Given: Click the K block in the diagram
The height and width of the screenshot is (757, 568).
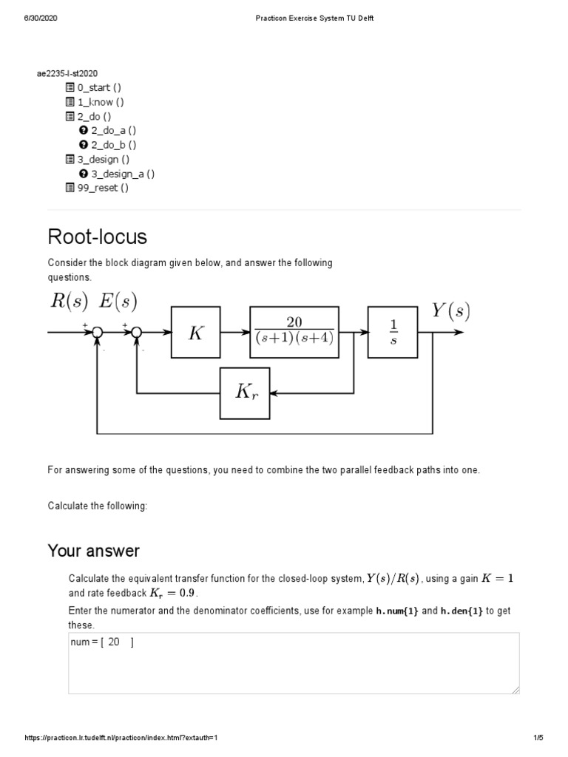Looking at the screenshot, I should [x=195, y=333].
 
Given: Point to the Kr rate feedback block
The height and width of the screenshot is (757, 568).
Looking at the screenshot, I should [x=245, y=393].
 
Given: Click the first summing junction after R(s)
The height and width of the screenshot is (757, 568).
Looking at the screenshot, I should [x=97, y=333].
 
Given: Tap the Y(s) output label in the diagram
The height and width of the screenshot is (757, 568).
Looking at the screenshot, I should [x=450, y=311].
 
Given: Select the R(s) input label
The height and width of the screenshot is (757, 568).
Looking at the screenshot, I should [x=68, y=301].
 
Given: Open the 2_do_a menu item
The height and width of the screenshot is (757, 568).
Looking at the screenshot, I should [x=113, y=131].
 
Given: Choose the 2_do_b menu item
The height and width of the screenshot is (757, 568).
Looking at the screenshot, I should [x=113, y=145].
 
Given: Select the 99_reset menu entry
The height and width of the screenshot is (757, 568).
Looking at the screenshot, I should [x=102, y=188].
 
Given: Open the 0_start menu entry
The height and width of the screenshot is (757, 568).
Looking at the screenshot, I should [x=98, y=88].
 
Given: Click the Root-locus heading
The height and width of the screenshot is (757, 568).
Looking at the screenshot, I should [x=98, y=237].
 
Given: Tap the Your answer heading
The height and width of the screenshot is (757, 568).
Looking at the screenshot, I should [x=93, y=551].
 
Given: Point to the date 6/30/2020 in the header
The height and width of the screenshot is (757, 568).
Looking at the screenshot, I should [x=41, y=18].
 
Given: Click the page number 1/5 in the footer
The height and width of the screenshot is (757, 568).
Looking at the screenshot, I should [x=538, y=738].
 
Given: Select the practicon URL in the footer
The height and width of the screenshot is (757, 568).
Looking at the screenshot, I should [x=122, y=738].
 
